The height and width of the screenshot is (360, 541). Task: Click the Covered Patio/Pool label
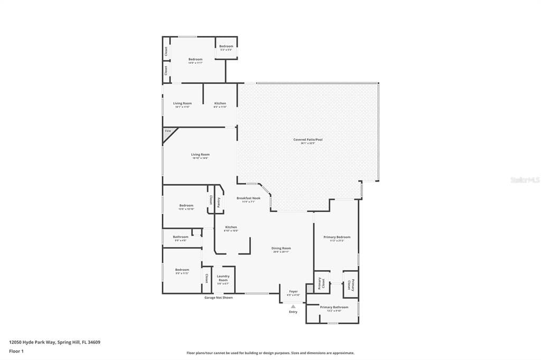pyautogui.click(x=307, y=140)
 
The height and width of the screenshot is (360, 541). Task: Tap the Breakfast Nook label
pyautogui.click(x=248, y=198)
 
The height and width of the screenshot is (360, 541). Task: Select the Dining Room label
pyautogui.click(x=282, y=248)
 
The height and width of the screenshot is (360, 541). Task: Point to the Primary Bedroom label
pyautogui.click(x=337, y=238)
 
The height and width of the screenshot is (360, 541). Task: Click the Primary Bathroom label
pyautogui.click(x=334, y=307)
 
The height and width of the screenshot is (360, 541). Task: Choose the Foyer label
pyautogui.click(x=293, y=291)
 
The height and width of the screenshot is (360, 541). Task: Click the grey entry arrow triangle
pyautogui.click(x=293, y=306)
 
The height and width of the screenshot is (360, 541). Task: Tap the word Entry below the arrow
pyautogui.click(x=293, y=312)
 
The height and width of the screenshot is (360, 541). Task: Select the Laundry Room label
pyautogui.click(x=223, y=278)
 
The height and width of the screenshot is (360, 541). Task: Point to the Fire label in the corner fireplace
pyautogui.click(x=168, y=130)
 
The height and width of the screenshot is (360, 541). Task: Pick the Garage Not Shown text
pyautogui.click(x=219, y=298)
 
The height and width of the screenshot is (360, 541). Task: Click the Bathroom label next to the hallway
pyautogui.click(x=180, y=237)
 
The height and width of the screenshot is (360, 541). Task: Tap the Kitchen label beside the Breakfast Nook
pyautogui.click(x=231, y=227)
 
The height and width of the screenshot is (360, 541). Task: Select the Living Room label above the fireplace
pyautogui.click(x=182, y=103)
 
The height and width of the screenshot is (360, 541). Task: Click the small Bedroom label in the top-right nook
pyautogui.click(x=226, y=46)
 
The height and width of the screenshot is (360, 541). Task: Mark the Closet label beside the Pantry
pyautogui.click(x=211, y=200)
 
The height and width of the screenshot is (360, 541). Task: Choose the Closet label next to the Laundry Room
pyautogui.click(x=207, y=279)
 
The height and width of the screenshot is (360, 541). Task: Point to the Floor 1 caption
pyautogui.click(x=16, y=350)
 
